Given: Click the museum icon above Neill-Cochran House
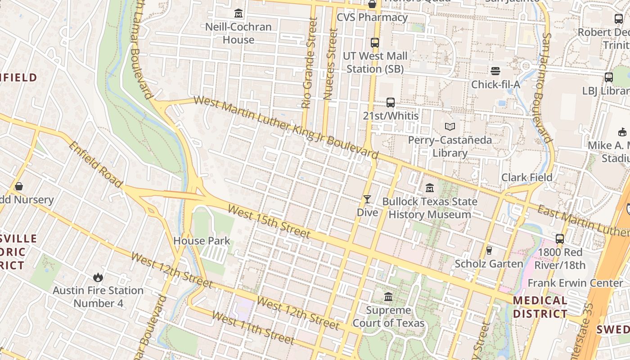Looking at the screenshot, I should point(238,13).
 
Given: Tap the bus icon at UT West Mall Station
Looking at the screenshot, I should point(374,43).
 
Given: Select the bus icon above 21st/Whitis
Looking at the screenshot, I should point(390,103).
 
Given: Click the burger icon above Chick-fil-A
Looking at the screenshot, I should point(495,71).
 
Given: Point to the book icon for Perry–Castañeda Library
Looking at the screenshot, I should point(450,127).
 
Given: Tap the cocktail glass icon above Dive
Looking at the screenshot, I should point(367,199).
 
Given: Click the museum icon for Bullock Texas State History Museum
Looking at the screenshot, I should point(429,188).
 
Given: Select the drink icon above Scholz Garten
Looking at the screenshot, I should point(489,250).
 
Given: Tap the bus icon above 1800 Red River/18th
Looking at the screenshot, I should point(560,239).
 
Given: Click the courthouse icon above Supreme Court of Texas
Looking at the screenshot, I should point(388,297).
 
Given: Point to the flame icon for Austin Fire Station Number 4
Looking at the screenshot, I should point(98,277).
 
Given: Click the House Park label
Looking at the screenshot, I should point(202,241).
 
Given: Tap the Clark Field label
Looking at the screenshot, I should point(526,177).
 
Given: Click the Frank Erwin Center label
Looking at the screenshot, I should point(575,283).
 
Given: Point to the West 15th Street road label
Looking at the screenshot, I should point(269,221).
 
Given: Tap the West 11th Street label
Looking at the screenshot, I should point(252,328).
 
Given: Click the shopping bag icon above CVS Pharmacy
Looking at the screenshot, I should point(372,4).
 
